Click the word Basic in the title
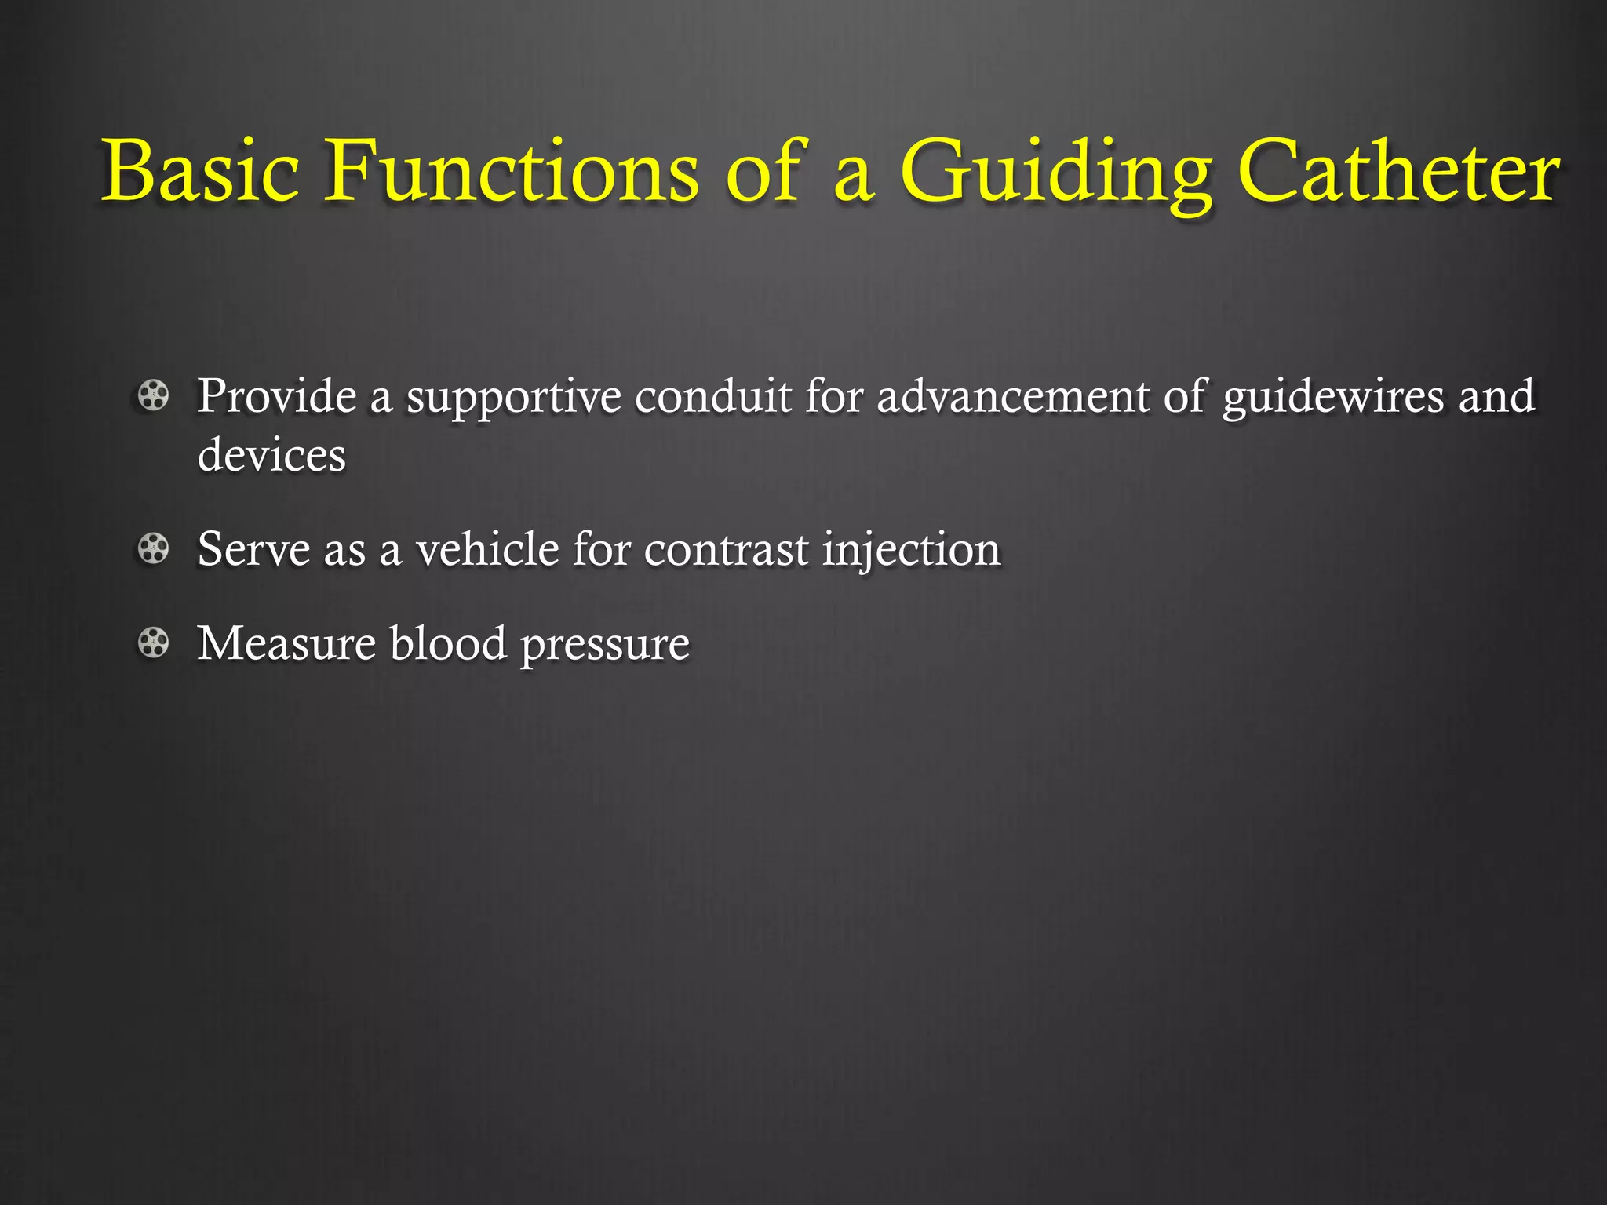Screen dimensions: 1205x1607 click(x=201, y=171)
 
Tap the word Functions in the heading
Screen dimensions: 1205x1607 click(x=511, y=171)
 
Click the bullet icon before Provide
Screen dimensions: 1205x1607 click(x=153, y=395)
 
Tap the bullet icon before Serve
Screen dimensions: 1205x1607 click(x=153, y=548)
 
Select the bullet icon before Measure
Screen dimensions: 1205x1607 click(x=153, y=643)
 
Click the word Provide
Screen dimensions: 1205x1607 click(x=276, y=395)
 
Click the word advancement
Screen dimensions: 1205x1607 click(x=1012, y=395)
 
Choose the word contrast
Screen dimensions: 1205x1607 click(x=726, y=550)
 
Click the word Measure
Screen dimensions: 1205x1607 click(x=286, y=643)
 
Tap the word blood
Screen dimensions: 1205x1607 click(x=448, y=643)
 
